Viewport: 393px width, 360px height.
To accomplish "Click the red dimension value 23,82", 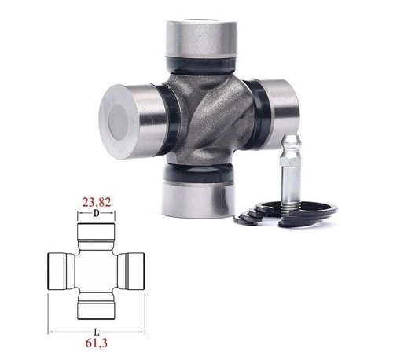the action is [x=97, y=202].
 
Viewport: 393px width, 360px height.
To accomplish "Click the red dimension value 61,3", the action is [x=97, y=343].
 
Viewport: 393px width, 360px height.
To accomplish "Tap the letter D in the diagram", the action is [x=97, y=214].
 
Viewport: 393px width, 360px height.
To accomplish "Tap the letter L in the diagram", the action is [x=97, y=332].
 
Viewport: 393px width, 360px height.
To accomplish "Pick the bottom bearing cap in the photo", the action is [x=197, y=200].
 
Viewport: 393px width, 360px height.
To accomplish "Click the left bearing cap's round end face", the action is [x=119, y=122].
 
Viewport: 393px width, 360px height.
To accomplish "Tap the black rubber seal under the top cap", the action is [x=201, y=65].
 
